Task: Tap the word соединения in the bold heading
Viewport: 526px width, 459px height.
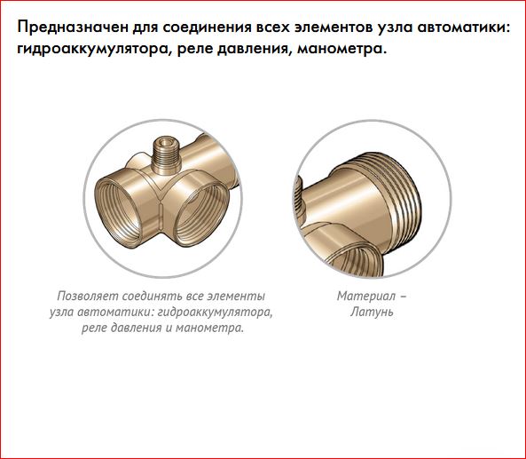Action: (x=208, y=28)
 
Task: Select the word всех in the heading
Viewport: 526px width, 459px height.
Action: (x=273, y=28)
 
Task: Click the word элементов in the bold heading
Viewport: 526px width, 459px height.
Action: (x=334, y=28)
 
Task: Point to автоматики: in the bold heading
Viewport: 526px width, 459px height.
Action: (x=463, y=28)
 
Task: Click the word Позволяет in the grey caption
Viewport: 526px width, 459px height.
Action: (x=88, y=297)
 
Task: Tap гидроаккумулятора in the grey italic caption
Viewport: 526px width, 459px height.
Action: (x=215, y=313)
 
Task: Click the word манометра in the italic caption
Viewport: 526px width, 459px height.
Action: (x=209, y=328)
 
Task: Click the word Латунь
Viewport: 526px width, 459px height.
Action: (x=372, y=312)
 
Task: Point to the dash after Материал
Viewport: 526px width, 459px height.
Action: (x=404, y=297)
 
